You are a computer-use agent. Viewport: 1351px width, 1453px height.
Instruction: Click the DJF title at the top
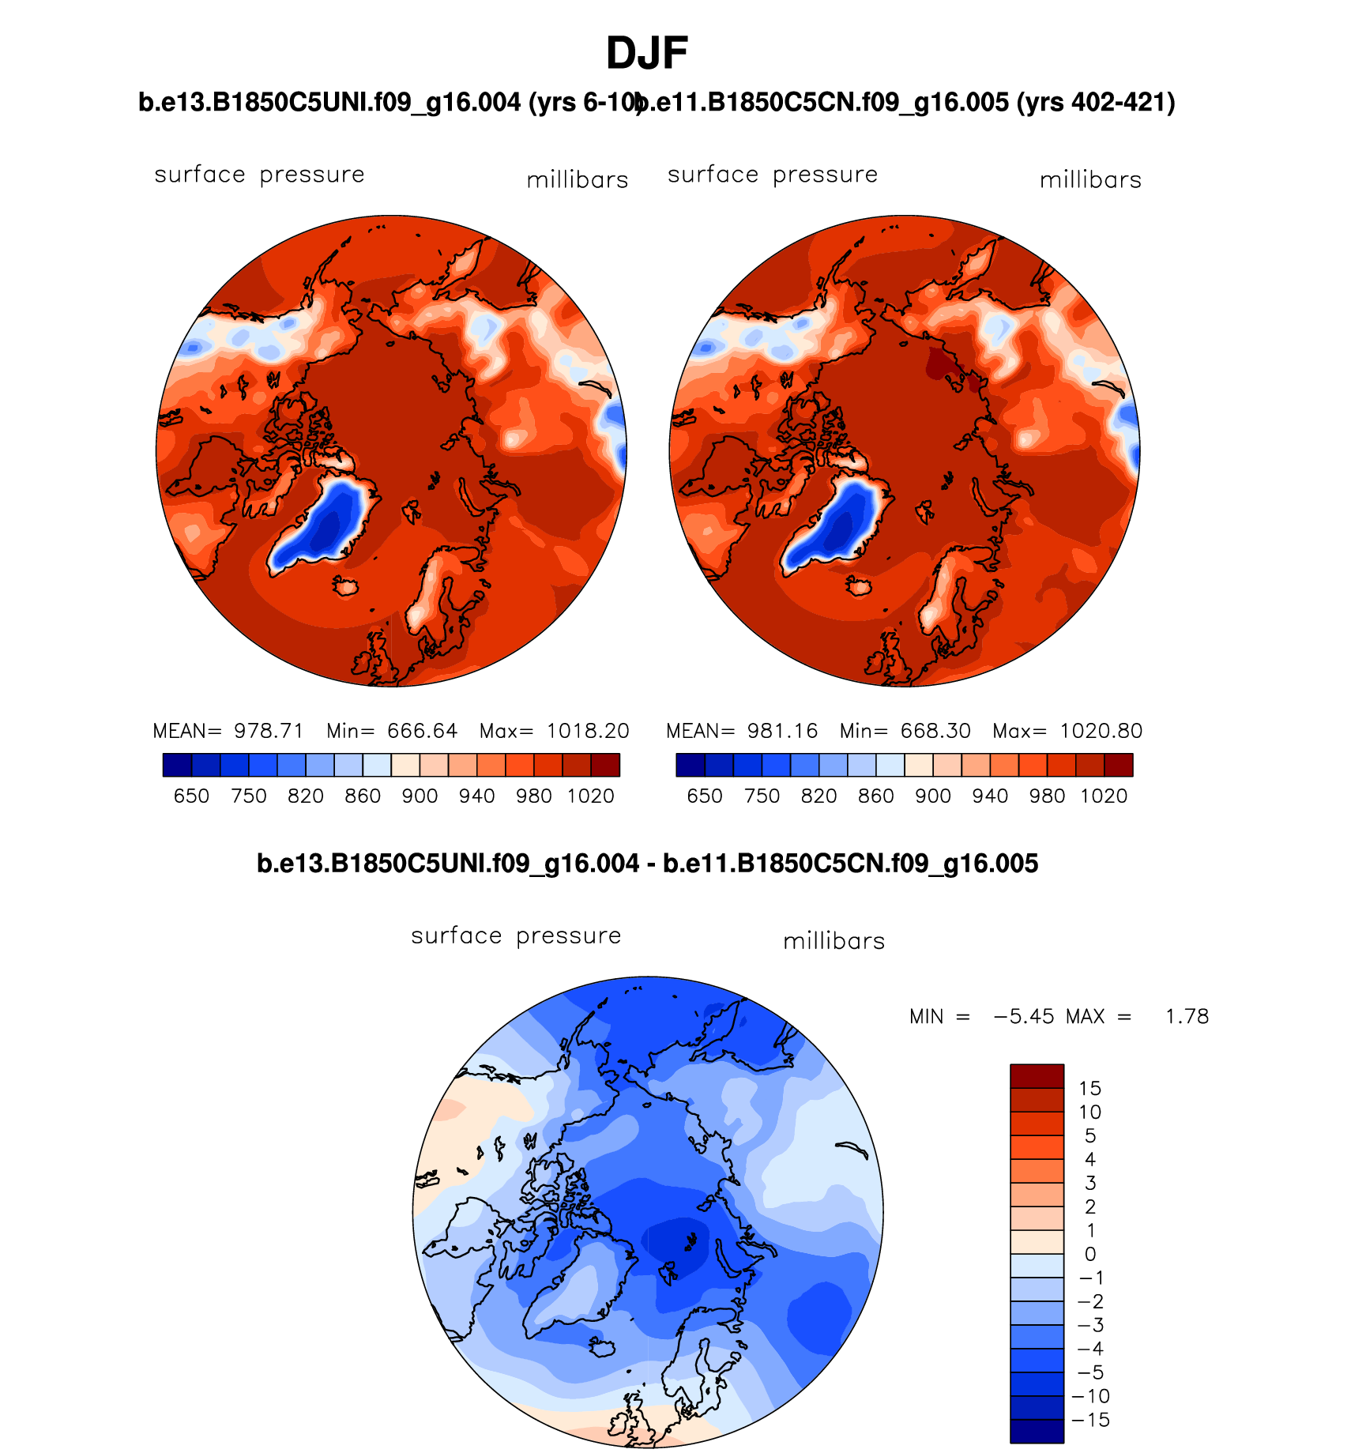coord(647,54)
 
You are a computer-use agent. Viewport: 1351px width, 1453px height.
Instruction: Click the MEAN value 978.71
coord(269,731)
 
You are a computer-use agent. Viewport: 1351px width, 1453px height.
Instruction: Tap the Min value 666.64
coord(422,731)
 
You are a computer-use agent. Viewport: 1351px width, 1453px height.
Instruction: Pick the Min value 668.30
coord(935,731)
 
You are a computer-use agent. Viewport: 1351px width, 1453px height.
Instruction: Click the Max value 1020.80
coord(1101,731)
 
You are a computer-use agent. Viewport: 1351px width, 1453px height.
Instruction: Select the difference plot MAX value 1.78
coord(1187,1016)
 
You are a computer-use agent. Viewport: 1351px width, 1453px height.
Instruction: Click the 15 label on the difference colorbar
coord(1089,1089)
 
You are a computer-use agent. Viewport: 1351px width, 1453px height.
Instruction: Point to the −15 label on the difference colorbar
coord(1090,1420)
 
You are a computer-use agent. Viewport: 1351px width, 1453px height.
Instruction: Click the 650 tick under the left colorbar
coord(191,796)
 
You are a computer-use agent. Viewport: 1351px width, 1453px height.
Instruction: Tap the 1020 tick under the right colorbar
coord(1104,796)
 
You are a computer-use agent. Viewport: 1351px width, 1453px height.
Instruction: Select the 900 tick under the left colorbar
coord(420,796)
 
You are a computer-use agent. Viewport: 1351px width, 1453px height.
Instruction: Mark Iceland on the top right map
coord(859,586)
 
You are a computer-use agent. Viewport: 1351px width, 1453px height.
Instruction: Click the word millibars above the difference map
coord(834,941)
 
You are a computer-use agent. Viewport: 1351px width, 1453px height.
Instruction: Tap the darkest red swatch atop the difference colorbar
coord(1037,1075)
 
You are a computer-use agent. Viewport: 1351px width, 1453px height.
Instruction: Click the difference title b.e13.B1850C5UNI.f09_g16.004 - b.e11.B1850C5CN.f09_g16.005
coord(647,864)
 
